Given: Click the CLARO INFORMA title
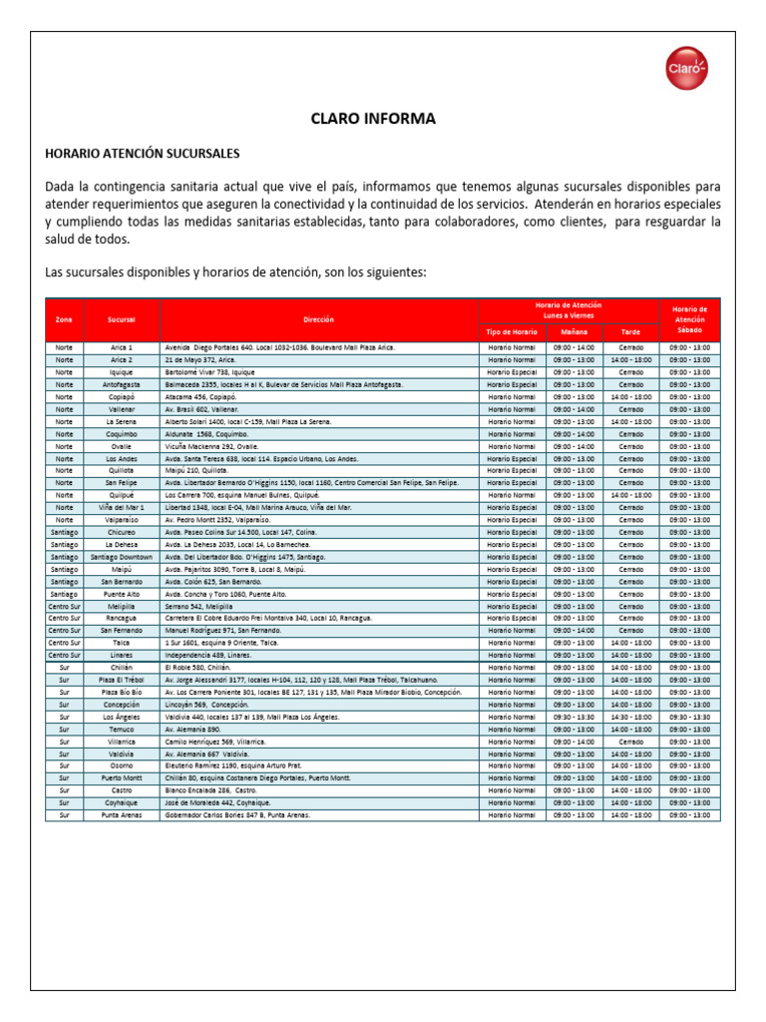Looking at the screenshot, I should pyautogui.click(x=383, y=119).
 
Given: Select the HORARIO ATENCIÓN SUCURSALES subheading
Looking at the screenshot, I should pyautogui.click(x=143, y=154).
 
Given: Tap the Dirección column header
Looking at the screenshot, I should pyautogui.click(x=319, y=319).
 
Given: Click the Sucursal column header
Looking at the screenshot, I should pyautogui.click(x=122, y=319).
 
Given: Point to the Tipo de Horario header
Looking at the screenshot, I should pyautogui.click(x=512, y=331).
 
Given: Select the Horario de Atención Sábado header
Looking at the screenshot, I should pyautogui.click(x=689, y=319).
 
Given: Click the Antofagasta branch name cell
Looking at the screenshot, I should pyautogui.click(x=122, y=384).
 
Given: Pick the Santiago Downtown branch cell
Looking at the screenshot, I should pyautogui.click(x=122, y=557).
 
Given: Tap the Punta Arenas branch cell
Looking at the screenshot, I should pyautogui.click(x=122, y=815).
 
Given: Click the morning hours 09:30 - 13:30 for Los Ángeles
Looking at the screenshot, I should pyautogui.click(x=574, y=717).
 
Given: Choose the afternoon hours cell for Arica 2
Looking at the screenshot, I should pyautogui.click(x=630, y=359).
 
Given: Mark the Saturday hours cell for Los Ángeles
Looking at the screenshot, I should pyautogui.click(x=689, y=717).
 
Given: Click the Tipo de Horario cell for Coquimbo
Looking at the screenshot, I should pyautogui.click(x=512, y=433).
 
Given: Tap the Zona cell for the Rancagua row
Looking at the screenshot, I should pyautogui.click(x=64, y=619).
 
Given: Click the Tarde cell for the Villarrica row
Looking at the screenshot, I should pyautogui.click(x=630, y=742).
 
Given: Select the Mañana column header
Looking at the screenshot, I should pyautogui.click(x=574, y=331).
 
